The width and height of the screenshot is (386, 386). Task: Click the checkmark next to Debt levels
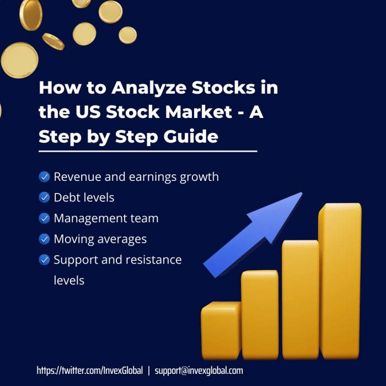click(x=44, y=197)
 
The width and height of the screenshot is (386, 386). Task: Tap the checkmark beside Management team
click(x=44, y=218)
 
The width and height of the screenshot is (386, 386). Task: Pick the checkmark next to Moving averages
click(x=44, y=239)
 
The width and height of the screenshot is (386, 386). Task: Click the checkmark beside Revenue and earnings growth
click(x=44, y=177)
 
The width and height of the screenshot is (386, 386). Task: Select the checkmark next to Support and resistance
click(x=44, y=260)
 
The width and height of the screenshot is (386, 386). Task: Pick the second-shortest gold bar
click(x=260, y=314)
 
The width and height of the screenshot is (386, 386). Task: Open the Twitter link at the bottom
click(x=89, y=371)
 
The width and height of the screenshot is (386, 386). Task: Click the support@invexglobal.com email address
click(x=199, y=371)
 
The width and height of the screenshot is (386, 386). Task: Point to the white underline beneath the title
click(x=148, y=151)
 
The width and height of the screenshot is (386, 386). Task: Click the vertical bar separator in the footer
click(x=148, y=371)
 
